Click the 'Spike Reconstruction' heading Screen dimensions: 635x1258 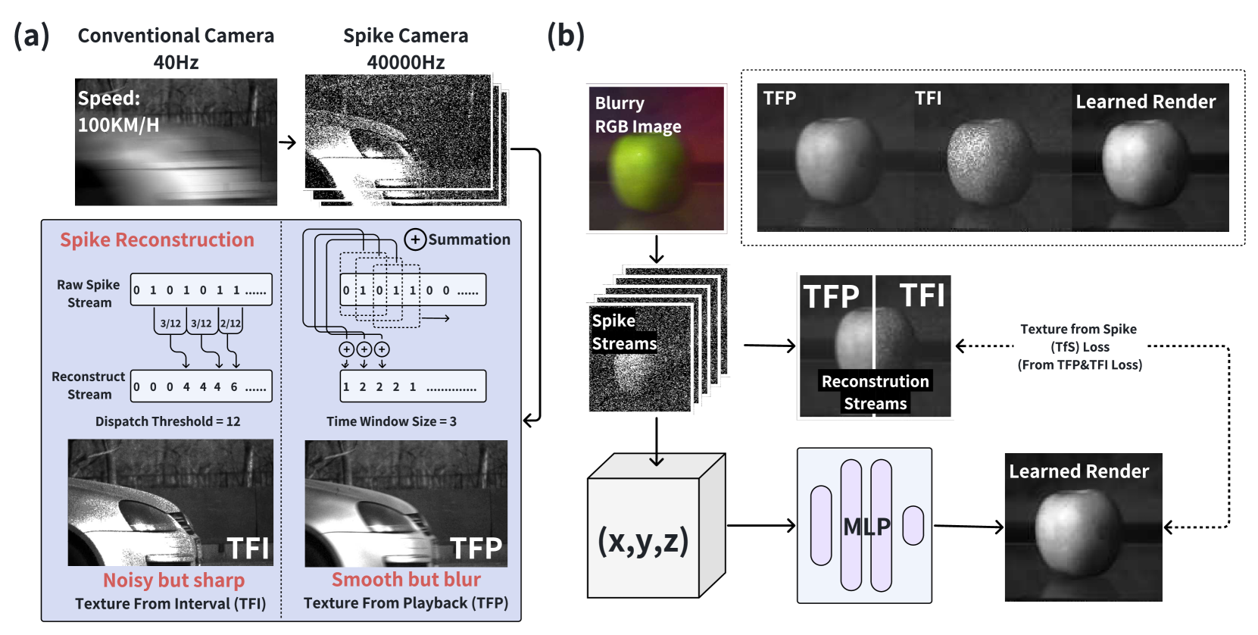coord(157,239)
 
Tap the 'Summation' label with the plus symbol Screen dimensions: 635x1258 coord(457,239)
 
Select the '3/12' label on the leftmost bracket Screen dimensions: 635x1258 coord(170,323)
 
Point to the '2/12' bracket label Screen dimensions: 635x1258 coord(230,323)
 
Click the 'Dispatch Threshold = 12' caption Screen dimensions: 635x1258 coord(167,421)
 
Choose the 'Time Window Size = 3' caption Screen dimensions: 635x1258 coord(391,421)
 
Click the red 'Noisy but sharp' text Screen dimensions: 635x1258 coord(173,580)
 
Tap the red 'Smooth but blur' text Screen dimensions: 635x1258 coord(406,579)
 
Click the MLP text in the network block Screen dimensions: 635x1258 coord(866,526)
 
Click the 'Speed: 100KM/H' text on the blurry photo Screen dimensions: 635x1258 coord(118,111)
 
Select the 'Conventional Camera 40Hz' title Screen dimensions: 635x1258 coord(176,48)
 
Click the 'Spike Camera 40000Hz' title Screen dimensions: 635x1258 coord(405,48)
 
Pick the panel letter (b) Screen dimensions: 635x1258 coord(565,35)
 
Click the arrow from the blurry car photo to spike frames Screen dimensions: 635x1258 coord(287,142)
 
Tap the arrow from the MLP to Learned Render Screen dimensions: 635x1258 coord(969,526)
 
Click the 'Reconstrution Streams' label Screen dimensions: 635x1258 coord(875,392)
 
